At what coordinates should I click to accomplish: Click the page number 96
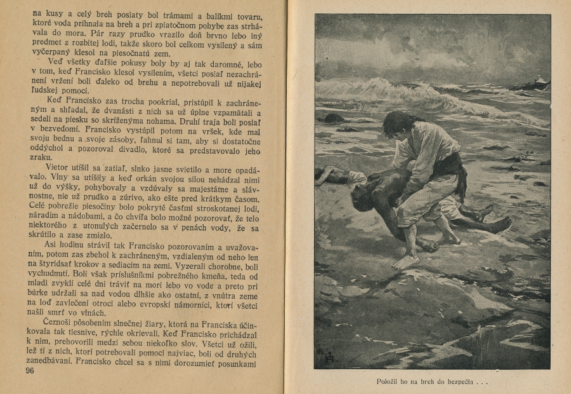click(x=29, y=370)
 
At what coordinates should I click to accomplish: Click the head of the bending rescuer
click(x=398, y=123)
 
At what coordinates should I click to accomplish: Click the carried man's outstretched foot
click(x=499, y=224)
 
